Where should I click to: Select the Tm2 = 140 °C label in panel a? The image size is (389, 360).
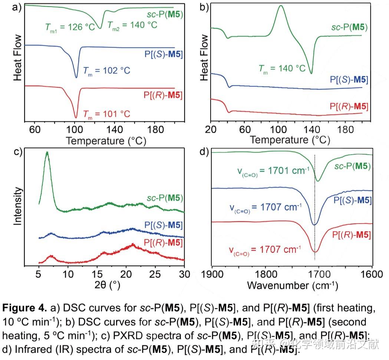(x=132, y=25)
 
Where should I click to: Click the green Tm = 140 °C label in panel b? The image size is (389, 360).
(x=281, y=68)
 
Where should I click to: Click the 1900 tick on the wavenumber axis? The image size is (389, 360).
(x=212, y=274)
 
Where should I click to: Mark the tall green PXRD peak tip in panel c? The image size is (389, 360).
(x=47, y=152)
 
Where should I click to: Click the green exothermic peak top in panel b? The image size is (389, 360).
(x=281, y=6)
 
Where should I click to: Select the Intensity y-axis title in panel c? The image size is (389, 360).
(x=17, y=206)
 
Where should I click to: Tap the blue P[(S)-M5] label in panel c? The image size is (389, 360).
(x=162, y=225)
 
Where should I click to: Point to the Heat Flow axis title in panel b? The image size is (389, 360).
(x=204, y=57)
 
